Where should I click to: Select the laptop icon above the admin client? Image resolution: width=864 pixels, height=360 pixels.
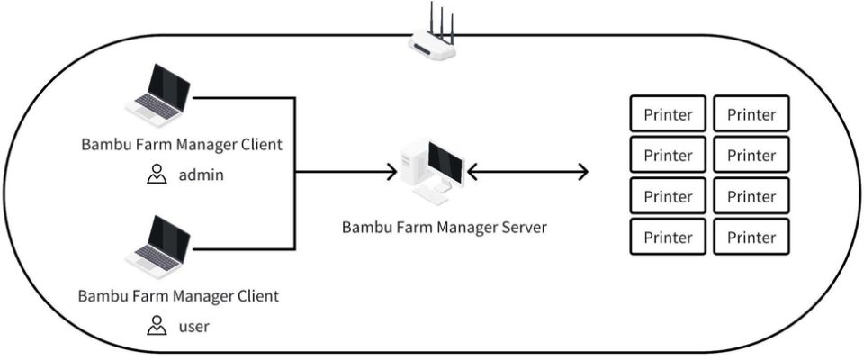159,94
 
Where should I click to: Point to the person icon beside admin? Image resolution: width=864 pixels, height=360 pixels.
157,175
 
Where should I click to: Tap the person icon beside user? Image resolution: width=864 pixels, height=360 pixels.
157,325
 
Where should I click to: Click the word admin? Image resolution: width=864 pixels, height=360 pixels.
201,175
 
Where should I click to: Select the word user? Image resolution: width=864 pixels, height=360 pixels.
193,326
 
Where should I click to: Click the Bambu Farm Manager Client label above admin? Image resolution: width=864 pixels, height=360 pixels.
181,144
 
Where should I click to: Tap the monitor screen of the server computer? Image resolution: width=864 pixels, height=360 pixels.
445,161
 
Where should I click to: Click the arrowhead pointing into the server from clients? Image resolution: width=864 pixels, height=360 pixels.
391,171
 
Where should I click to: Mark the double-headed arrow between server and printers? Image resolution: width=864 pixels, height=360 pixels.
527,171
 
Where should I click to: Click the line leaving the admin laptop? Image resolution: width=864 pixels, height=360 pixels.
243,97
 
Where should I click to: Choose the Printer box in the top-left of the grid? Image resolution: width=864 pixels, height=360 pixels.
668,114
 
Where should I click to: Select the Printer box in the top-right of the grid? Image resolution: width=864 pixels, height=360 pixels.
751,114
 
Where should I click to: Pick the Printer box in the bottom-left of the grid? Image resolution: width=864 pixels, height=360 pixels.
668,238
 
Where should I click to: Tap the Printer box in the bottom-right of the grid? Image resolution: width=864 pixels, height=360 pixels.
751,238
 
